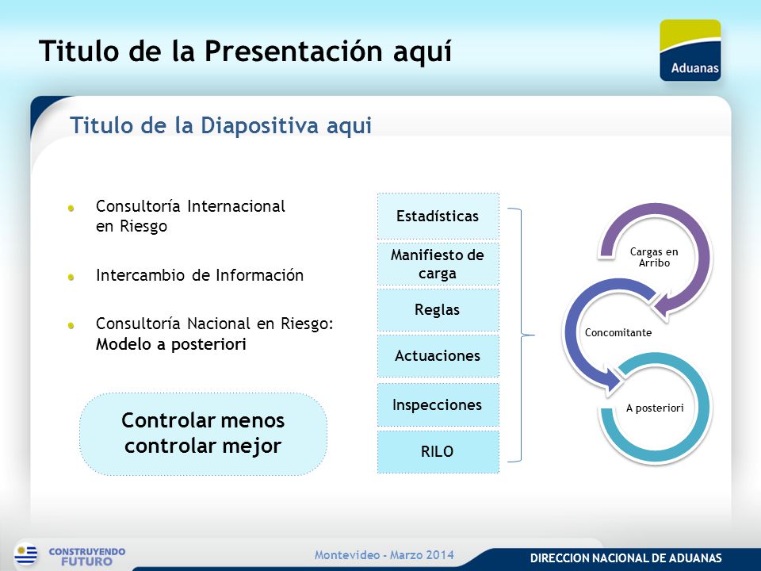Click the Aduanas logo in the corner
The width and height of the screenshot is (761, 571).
point(690,50)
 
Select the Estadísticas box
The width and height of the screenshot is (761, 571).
point(438,216)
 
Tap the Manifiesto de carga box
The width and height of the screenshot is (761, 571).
point(438,264)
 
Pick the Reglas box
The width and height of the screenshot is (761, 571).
point(438,310)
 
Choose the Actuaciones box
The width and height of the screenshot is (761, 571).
point(438,356)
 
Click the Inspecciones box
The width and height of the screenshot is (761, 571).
point(438,405)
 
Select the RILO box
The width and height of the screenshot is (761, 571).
point(438,451)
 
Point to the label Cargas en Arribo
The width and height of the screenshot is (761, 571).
point(654,257)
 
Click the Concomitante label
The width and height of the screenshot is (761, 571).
point(618,332)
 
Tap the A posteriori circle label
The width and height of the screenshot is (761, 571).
point(655,408)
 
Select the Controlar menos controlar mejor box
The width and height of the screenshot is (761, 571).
point(203,434)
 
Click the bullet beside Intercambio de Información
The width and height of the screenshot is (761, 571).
point(71,278)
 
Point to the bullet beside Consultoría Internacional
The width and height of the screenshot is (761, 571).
point(71,209)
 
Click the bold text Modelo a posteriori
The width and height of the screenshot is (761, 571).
point(171,344)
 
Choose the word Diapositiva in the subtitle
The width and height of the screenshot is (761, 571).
point(260,125)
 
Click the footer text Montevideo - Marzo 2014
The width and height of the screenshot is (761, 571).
point(384,554)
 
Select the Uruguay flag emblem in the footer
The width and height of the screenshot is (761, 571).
point(26,554)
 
